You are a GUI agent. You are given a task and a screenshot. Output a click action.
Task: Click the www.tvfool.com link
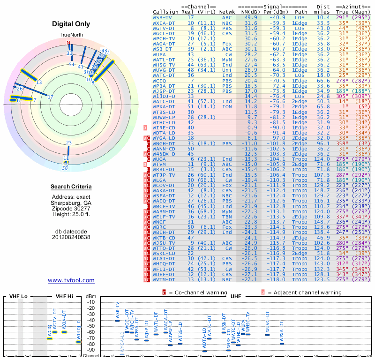point(71,280)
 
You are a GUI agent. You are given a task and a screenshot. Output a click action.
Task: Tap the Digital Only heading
point(71,24)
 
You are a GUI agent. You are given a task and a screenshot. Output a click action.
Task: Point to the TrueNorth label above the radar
point(71,35)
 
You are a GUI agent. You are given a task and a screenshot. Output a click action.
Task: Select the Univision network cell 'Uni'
point(227,70)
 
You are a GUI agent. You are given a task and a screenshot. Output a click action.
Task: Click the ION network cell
point(227,106)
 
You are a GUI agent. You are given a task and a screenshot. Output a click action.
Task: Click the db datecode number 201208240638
point(71,237)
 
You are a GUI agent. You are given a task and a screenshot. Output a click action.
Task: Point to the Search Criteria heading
point(71,187)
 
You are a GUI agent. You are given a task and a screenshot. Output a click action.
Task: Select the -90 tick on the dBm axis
point(90,350)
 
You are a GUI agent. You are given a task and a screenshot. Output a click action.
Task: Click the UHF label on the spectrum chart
point(236,296)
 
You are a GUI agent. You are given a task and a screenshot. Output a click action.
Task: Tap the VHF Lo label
point(18,296)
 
